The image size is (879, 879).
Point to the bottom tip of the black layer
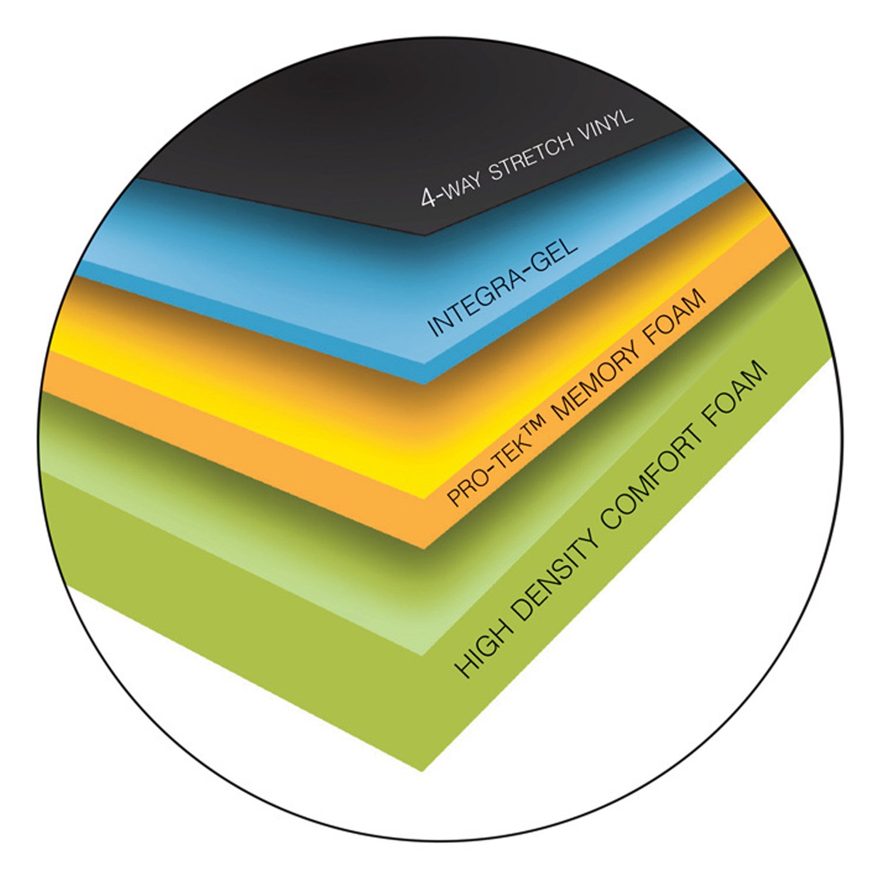click(424, 236)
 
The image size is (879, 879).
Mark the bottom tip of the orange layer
click(423, 549)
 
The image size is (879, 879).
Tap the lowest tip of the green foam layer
click(422, 771)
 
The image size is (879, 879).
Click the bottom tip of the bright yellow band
click(424, 499)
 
